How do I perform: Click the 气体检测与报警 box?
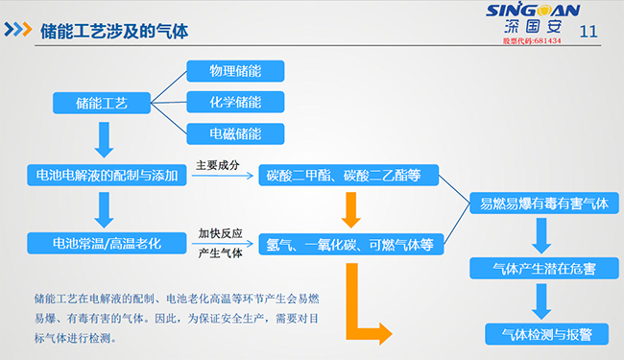tap(541, 333)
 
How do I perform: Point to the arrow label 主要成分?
tap(217, 165)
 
